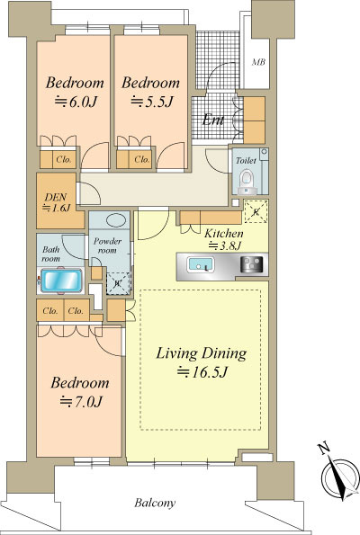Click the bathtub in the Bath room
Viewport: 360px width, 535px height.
coord(61,281)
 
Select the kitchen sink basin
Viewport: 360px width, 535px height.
coord(200,265)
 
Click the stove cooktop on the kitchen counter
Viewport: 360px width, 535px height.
coord(252,264)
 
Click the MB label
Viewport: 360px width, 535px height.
coord(258,62)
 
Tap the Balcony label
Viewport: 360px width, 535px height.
coord(155,503)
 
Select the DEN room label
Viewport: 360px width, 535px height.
coord(56,197)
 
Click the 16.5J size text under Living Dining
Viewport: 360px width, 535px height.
coord(202,371)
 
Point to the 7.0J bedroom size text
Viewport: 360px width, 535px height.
coord(81,402)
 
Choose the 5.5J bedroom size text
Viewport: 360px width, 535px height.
coord(152,102)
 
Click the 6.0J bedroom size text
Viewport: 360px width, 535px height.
coord(76,102)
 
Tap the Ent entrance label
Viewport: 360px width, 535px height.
coord(213,120)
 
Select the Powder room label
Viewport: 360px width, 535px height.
coord(107,245)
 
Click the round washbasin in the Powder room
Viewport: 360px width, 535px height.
coord(118,220)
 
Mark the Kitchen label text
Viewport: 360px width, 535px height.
coord(224,234)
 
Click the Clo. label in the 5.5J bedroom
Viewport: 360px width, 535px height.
coord(142,159)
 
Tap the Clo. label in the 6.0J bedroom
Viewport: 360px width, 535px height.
coord(64,159)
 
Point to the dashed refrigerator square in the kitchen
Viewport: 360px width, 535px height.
coord(256,212)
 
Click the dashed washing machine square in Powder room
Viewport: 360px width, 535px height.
coord(118,283)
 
